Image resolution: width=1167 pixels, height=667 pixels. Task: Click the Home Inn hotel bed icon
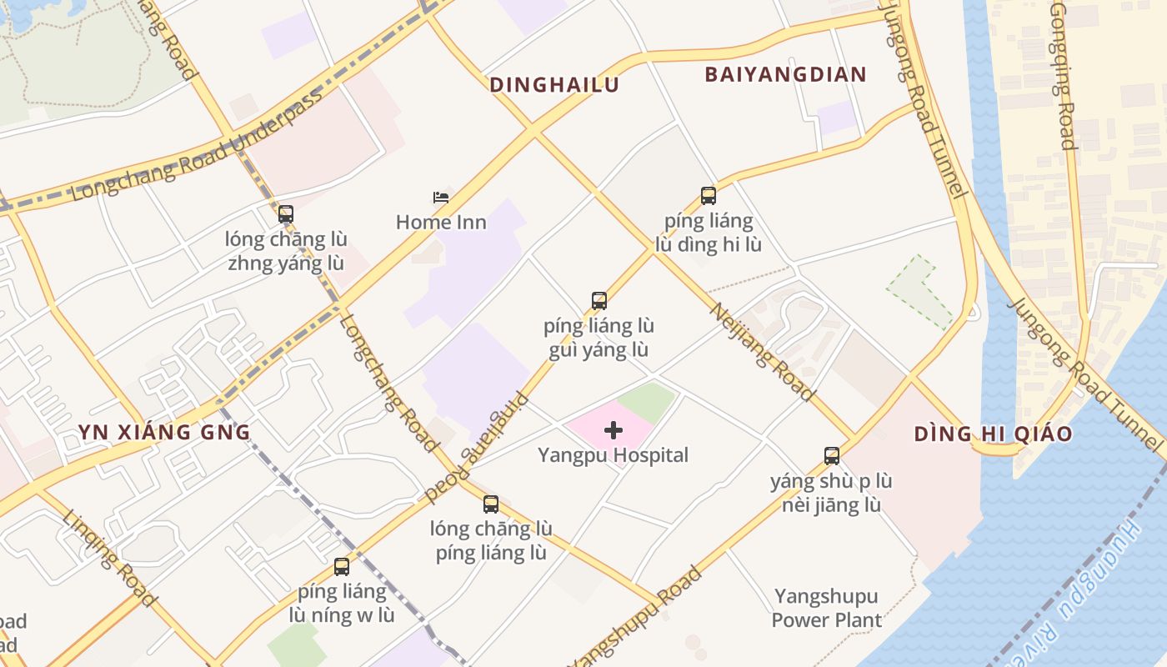(x=441, y=198)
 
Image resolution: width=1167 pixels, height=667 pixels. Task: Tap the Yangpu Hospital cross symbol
(x=614, y=430)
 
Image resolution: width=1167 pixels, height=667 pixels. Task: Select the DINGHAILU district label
(x=554, y=85)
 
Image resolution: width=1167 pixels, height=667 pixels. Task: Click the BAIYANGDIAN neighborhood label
(x=786, y=74)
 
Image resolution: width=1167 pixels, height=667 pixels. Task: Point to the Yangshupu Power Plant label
(x=826, y=608)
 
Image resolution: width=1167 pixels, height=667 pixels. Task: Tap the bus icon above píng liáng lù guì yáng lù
(x=599, y=301)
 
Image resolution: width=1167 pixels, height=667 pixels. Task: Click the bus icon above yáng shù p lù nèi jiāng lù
(x=831, y=456)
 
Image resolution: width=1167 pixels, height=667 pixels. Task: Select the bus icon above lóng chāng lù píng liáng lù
(x=491, y=504)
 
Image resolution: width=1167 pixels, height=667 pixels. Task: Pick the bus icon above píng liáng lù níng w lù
(x=342, y=567)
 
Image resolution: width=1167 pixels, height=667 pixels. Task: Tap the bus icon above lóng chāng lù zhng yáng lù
(x=286, y=214)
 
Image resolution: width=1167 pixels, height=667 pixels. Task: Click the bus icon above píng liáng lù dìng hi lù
(x=708, y=196)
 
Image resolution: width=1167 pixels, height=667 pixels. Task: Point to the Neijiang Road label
(x=760, y=352)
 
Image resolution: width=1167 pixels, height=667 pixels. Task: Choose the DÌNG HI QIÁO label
(x=993, y=434)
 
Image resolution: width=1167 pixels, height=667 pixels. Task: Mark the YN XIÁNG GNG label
(x=164, y=432)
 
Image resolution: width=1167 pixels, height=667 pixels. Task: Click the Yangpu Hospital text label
(x=614, y=455)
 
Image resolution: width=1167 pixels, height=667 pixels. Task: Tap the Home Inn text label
(x=441, y=223)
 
